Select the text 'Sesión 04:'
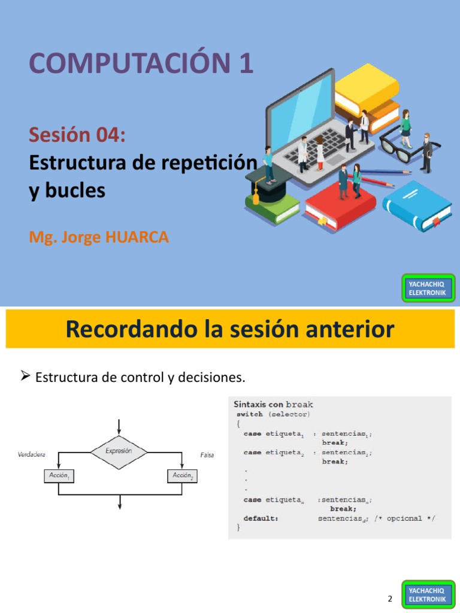(77, 135)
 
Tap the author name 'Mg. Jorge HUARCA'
(99, 237)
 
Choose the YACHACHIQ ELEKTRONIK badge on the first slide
(428, 288)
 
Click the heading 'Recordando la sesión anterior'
(230, 329)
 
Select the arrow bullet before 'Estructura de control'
(25, 377)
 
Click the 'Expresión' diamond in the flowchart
(119, 451)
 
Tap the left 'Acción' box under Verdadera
(58, 475)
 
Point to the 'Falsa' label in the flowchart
(207, 455)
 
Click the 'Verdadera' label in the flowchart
(32, 455)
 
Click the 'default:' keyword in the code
(261, 518)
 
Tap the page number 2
(390, 599)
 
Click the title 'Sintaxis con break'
(273, 405)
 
